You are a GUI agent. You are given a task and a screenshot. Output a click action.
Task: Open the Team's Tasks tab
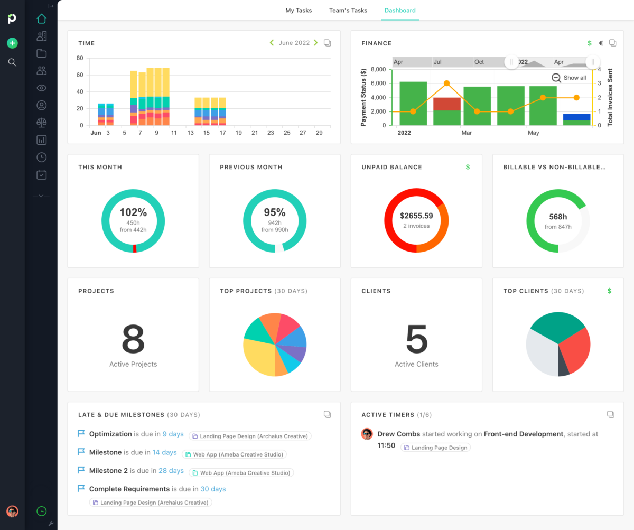[x=348, y=11]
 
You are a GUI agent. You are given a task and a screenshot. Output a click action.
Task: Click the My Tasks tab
[x=299, y=11]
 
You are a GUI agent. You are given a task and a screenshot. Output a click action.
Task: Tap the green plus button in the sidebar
[x=13, y=43]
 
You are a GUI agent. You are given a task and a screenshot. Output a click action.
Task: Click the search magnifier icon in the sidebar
[x=12, y=62]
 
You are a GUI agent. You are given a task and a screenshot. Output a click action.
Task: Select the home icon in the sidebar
[x=42, y=19]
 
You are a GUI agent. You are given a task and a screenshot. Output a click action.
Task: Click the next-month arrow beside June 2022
[x=316, y=43]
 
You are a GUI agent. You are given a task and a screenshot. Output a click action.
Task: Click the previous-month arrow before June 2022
[x=272, y=43]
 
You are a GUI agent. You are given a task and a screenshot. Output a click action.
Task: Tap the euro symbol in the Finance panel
[x=601, y=43]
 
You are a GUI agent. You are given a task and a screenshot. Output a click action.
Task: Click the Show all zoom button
[x=569, y=78]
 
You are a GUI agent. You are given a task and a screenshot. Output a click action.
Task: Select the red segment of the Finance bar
[x=446, y=104]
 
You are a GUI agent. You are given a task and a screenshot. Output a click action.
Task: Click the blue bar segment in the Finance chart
[x=576, y=117]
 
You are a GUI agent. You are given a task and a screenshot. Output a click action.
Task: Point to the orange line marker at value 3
[x=446, y=83]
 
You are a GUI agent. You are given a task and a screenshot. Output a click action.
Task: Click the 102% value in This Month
[x=133, y=212]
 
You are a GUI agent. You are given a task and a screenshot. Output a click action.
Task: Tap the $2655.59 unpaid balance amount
[x=416, y=216]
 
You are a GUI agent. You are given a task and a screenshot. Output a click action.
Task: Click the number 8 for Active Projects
[x=133, y=339]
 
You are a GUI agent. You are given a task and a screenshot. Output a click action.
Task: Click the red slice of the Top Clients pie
[x=575, y=351]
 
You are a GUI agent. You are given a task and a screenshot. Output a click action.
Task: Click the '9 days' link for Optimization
[x=173, y=434]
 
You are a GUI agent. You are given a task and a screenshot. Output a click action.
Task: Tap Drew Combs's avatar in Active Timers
[x=367, y=434]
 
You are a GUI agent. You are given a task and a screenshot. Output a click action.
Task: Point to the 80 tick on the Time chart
[x=80, y=58]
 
